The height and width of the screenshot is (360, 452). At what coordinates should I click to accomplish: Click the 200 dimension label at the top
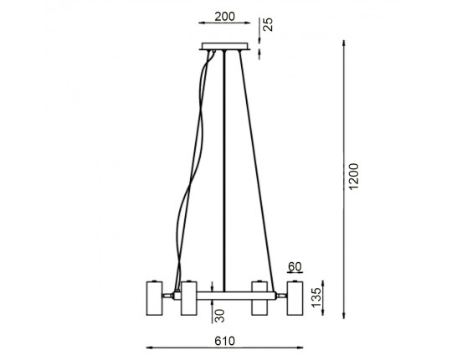tap(224, 17)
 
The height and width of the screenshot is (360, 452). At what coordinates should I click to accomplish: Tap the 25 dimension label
tap(268, 24)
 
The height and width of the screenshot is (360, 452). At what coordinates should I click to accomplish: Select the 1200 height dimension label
tap(353, 177)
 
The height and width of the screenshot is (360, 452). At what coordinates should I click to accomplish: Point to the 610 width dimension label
tap(224, 342)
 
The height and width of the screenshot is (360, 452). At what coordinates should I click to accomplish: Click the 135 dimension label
tap(316, 297)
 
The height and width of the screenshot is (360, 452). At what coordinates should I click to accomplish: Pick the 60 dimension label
tap(295, 267)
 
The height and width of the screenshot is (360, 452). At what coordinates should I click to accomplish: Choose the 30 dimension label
tap(220, 316)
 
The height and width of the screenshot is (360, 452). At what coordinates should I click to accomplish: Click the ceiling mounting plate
tap(224, 46)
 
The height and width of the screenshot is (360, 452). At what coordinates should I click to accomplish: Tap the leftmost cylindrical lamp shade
tap(155, 298)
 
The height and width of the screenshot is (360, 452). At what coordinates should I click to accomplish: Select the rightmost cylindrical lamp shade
tap(295, 298)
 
